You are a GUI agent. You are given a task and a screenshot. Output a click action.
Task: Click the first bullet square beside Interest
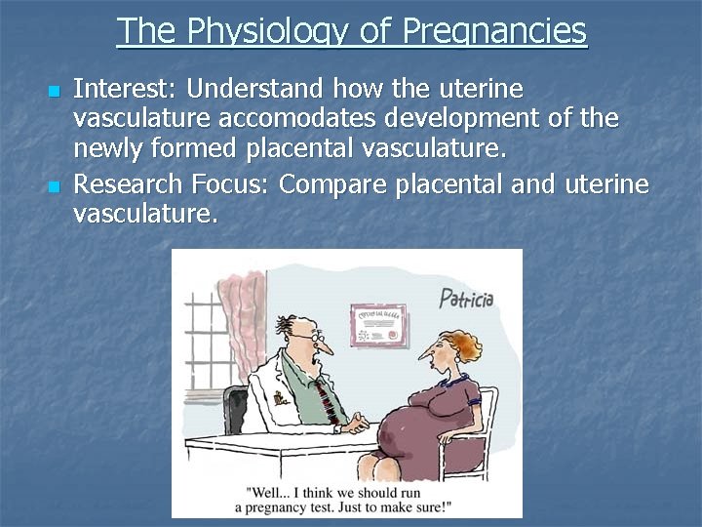pos(54,91)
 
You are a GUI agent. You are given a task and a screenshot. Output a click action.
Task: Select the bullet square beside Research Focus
pos(54,185)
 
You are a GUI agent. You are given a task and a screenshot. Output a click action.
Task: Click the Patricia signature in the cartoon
pos(465,297)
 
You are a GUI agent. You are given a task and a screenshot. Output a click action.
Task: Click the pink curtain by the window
pos(234,312)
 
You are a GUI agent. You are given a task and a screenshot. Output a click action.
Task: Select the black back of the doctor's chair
pos(234,410)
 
